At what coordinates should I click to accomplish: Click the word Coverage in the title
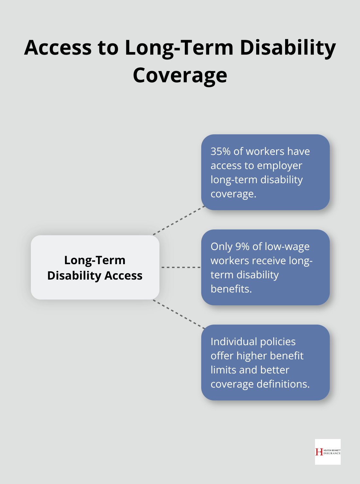click(x=180, y=76)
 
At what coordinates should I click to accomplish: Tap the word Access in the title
click(x=58, y=48)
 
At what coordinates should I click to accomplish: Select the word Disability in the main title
click(x=288, y=48)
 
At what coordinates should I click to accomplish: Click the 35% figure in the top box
click(x=221, y=151)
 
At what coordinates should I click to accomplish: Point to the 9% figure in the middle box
click(x=242, y=246)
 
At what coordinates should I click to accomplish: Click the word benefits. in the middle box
click(x=231, y=289)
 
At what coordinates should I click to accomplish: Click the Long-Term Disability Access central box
click(x=95, y=267)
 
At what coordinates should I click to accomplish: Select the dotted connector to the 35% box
click(x=179, y=220)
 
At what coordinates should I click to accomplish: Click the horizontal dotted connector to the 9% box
click(x=180, y=267)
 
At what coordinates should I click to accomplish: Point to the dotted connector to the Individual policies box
click(x=179, y=314)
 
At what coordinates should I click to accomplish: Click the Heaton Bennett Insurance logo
click(x=328, y=452)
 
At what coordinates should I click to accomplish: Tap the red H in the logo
click(x=319, y=452)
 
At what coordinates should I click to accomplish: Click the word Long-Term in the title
click(x=179, y=48)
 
